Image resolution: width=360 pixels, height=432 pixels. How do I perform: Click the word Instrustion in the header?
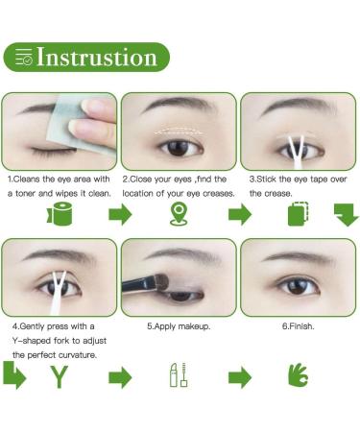97,58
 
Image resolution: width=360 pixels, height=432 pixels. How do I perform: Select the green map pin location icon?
178,215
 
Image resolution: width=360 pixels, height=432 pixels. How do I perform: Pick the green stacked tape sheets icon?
299,215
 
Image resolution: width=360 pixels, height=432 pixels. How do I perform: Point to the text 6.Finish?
299,326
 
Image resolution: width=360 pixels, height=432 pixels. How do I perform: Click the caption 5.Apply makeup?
179,326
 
